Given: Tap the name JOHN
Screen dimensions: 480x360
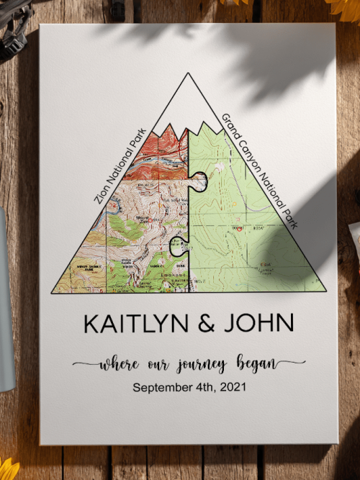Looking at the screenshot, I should (258, 324).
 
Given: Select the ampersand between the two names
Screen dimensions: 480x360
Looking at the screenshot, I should (205, 324).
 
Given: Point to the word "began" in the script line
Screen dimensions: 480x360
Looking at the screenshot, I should (253, 363).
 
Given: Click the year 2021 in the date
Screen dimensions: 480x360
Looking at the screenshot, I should (230, 387).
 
